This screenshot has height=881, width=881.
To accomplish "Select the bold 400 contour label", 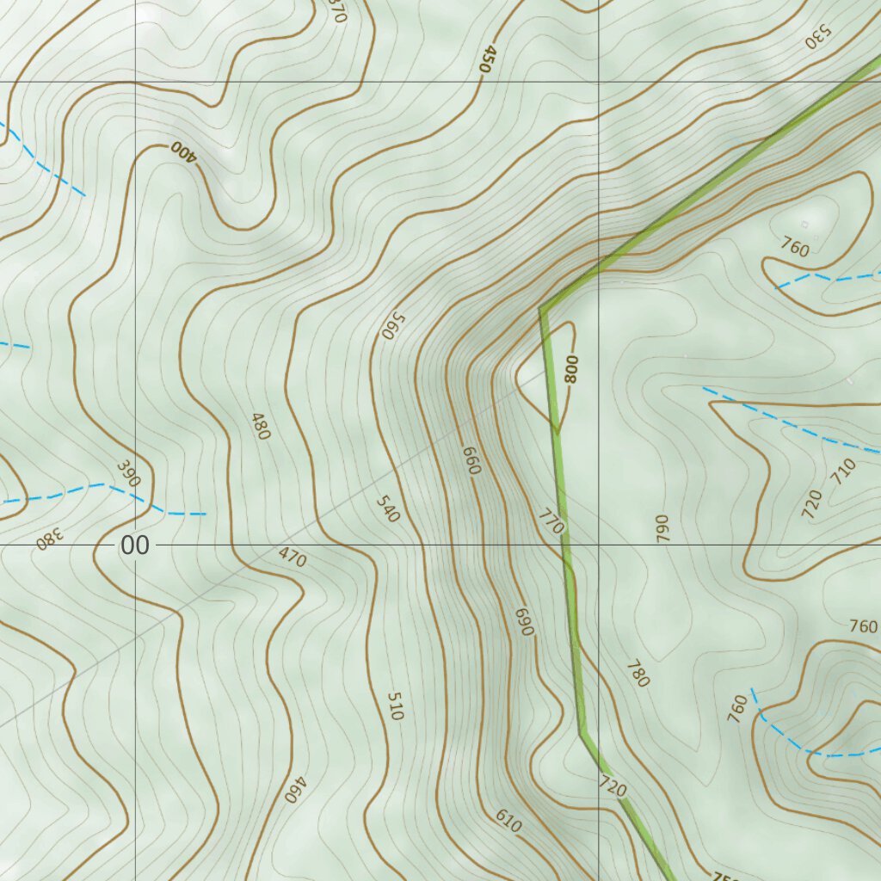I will tap(183, 151).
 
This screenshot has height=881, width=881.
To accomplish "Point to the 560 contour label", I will tap(392, 325).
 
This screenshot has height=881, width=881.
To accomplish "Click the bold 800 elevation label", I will tap(572, 368).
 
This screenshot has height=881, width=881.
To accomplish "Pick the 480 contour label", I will tap(260, 427).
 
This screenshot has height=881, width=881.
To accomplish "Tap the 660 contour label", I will tap(471, 460).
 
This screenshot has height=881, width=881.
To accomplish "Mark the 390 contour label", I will tap(128, 474).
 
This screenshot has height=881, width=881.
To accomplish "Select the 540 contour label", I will tap(388, 508).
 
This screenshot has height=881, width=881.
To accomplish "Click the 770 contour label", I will tap(551, 521).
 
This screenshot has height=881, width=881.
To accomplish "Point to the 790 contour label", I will tap(662, 527).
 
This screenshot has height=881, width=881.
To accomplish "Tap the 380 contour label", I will tap(50, 539).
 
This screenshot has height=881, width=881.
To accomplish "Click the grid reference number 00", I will tap(134, 545).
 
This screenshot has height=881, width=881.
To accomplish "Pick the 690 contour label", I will tap(524, 622).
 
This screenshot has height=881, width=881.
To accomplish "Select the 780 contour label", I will tap(638, 674).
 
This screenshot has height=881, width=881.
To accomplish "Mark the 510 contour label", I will tap(395, 705).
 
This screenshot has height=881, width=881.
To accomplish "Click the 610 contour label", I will tap(508, 822).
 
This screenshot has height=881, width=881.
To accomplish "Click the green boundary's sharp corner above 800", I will tap(541, 307).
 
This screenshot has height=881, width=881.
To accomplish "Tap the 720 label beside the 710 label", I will tap(812, 504).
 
